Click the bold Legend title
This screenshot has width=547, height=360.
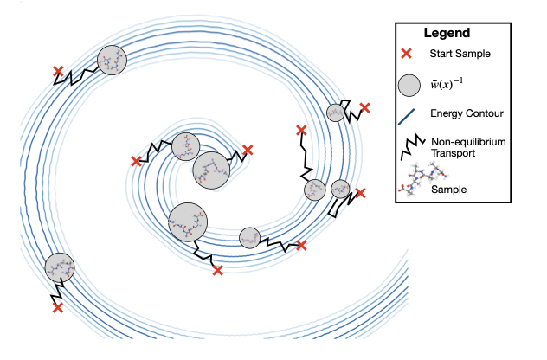(x=447, y=34)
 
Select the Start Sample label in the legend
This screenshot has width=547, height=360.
(x=460, y=55)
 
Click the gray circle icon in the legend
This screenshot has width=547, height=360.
(x=408, y=85)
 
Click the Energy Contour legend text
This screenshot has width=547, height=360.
(x=467, y=113)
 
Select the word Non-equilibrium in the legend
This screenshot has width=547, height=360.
(x=468, y=140)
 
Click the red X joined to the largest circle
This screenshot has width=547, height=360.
(x=217, y=271)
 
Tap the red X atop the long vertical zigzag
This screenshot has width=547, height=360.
(x=300, y=131)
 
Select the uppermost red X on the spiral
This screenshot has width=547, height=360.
(x=57, y=71)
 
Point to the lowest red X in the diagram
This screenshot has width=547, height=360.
(x=57, y=307)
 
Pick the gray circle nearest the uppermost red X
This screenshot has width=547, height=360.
(x=111, y=61)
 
